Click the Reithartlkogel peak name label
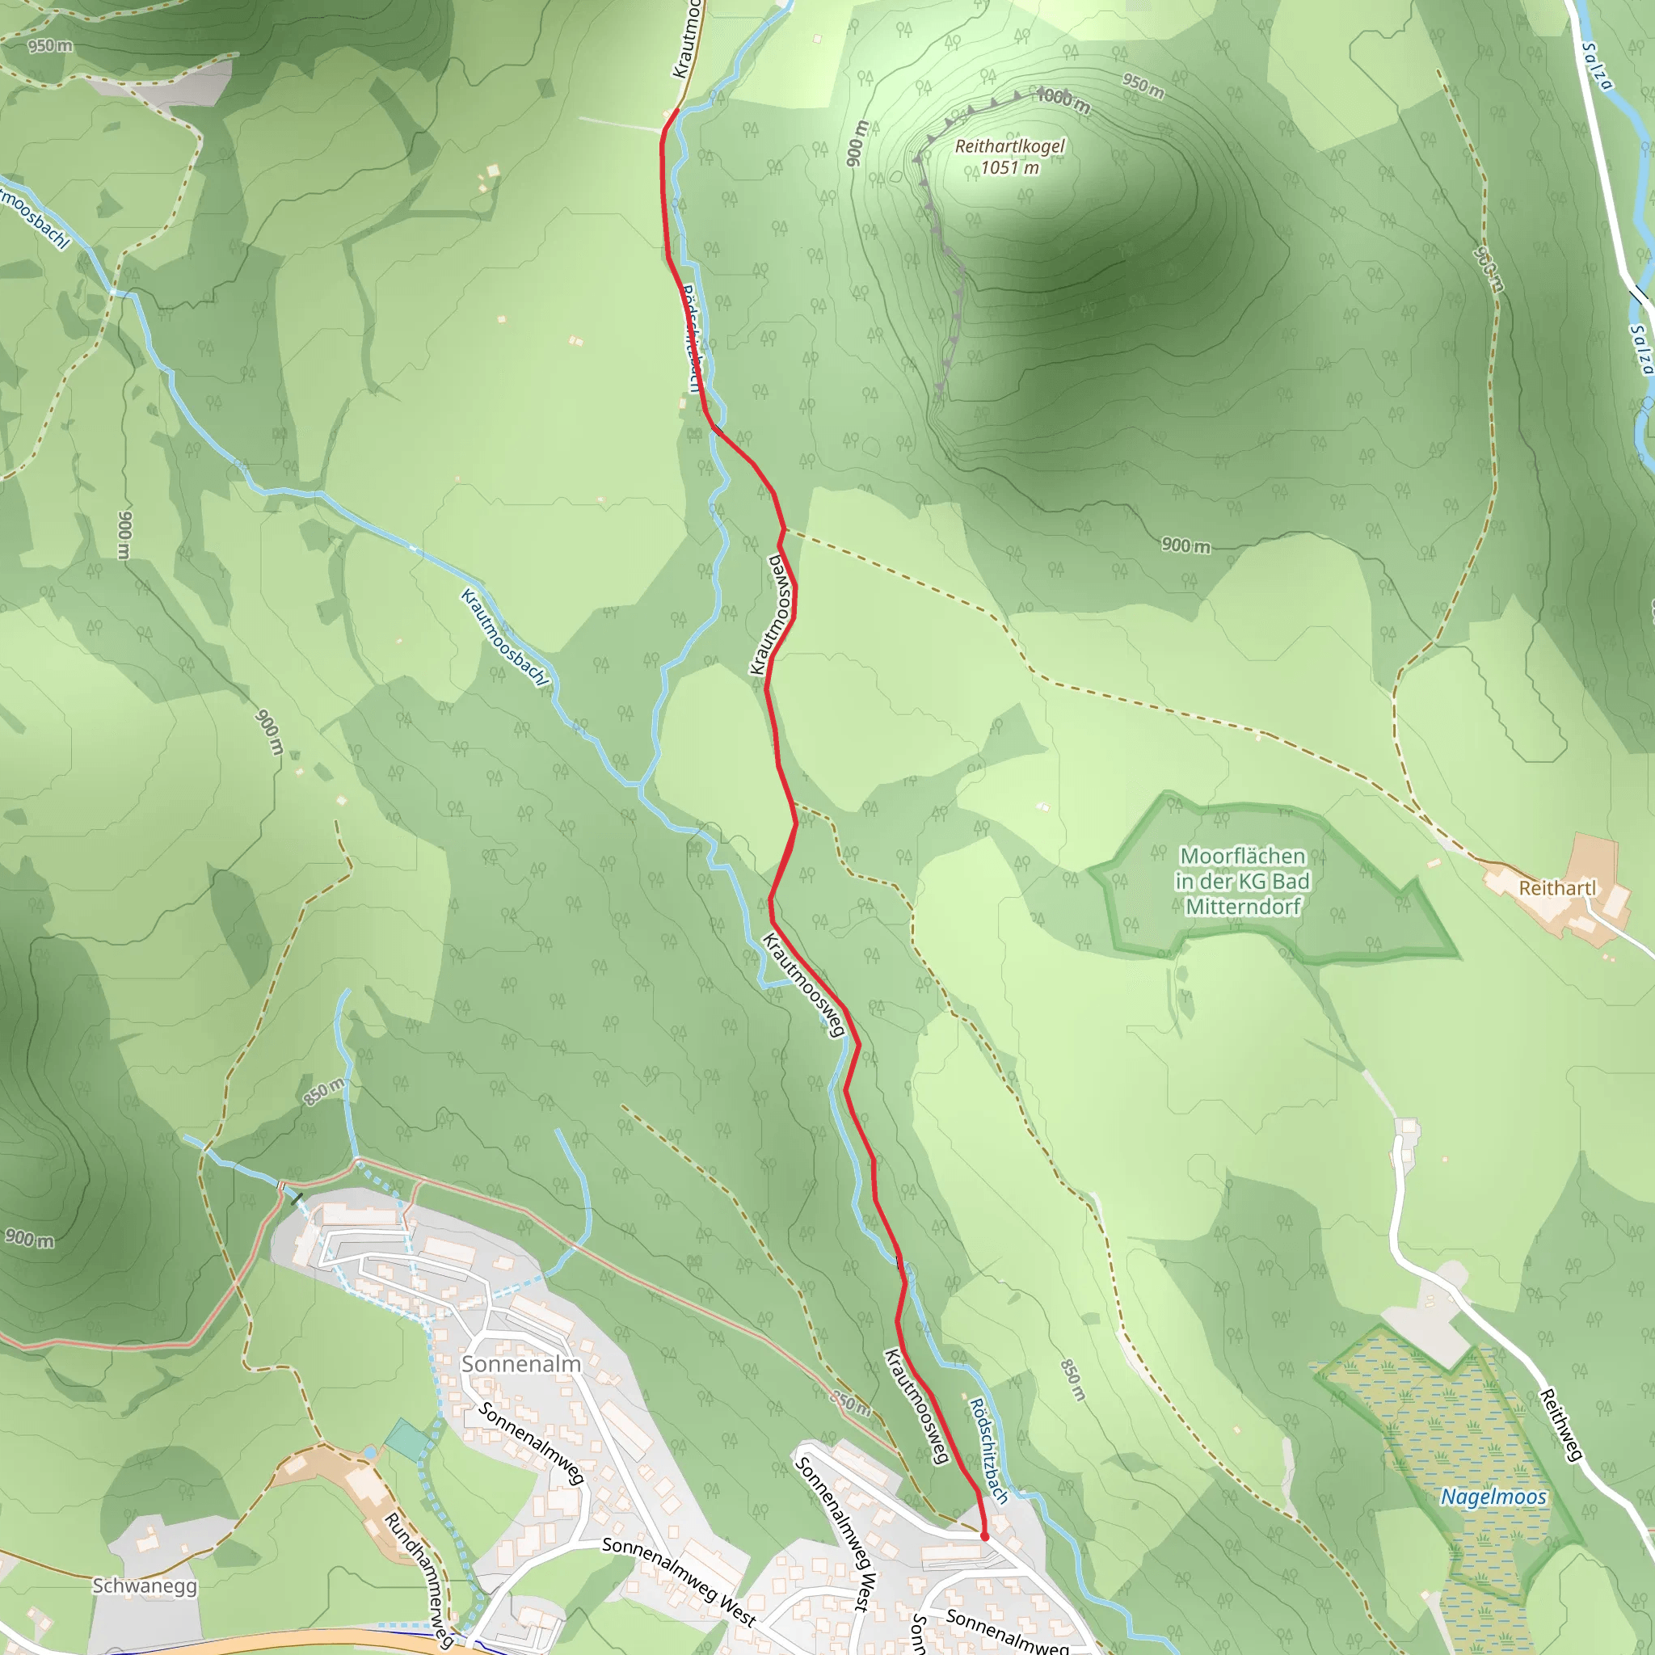click(1010, 146)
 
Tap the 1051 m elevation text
click(1010, 168)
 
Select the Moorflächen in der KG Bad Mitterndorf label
click(1242, 881)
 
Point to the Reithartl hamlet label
click(1557, 888)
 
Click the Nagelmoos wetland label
click(1494, 1497)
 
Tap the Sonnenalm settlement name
click(521, 1364)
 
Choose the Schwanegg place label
click(145, 1586)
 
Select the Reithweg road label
click(1561, 1425)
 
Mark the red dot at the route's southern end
click(984, 1537)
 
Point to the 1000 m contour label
click(1063, 101)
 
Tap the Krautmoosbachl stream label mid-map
click(503, 638)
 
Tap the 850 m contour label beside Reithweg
click(1073, 1380)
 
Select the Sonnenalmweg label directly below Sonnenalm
click(531, 1442)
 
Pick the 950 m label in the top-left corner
click(51, 45)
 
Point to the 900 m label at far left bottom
click(30, 1239)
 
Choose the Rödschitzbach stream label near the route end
click(988, 1451)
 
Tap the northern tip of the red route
click(677, 110)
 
